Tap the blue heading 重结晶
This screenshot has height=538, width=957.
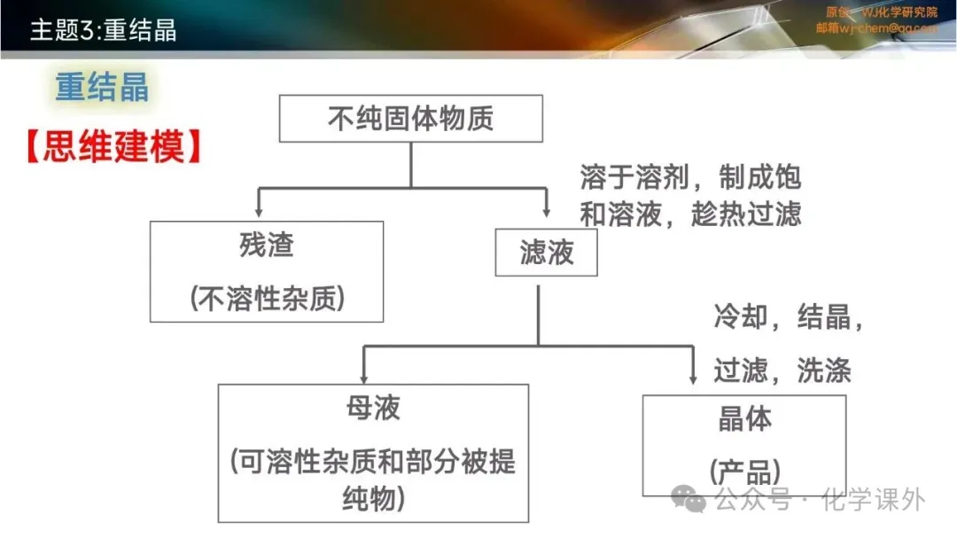coord(102,89)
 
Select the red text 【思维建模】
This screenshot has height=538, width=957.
coord(113,147)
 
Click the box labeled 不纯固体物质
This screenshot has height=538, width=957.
coord(410,119)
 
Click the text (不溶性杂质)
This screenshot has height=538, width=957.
coord(267,300)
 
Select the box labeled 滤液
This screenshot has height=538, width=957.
coord(546,253)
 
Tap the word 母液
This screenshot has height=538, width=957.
coord(373,408)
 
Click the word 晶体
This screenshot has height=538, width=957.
coord(744,418)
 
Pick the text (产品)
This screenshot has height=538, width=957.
coord(744,470)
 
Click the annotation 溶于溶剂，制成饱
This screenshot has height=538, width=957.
coord(690,177)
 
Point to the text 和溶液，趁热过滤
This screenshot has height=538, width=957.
coord(690,214)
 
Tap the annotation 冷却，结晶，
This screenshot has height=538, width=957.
coord(789,317)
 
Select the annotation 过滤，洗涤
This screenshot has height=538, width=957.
coord(782,370)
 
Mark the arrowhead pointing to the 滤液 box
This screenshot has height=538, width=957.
coord(546,211)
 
